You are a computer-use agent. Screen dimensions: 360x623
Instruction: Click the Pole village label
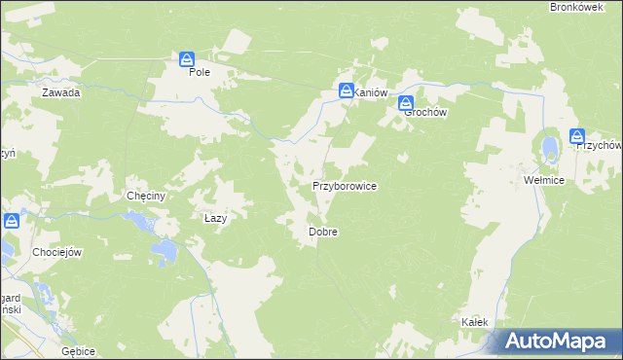pyautogui.click(x=200, y=72)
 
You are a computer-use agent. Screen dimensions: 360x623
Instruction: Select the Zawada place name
pyautogui.click(x=60, y=93)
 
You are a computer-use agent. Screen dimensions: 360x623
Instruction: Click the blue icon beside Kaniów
pyautogui.click(x=346, y=91)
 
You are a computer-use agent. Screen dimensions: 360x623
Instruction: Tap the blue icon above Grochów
pyautogui.click(x=406, y=103)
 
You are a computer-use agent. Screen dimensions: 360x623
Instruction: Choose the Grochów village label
pyautogui.click(x=425, y=112)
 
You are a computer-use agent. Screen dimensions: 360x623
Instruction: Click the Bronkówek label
pyautogui.click(x=571, y=7)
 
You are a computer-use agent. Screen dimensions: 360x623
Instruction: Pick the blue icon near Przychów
pyautogui.click(x=577, y=137)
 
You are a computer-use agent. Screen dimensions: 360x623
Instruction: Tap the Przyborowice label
pyautogui.click(x=344, y=185)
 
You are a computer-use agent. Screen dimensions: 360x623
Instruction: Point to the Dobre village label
pyautogui.click(x=322, y=233)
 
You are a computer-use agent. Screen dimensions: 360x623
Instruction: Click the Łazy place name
pyautogui.click(x=215, y=218)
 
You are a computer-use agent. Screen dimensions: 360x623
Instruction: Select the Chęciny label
pyautogui.click(x=147, y=196)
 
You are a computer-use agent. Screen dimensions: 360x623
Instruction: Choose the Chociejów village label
pyautogui.click(x=57, y=252)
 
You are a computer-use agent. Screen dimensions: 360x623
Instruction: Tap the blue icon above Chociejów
pyautogui.click(x=11, y=221)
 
